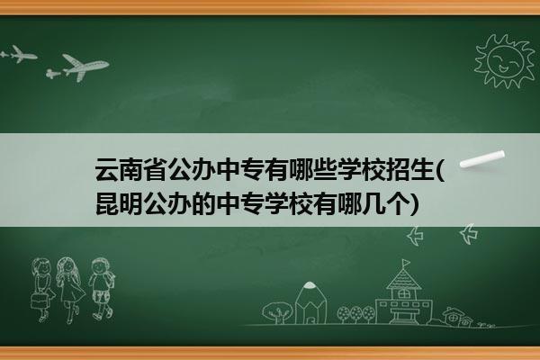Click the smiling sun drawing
tap(504, 61)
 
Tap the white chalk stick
tap(482, 159)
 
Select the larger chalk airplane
tap(78, 67)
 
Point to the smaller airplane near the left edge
tap(18, 54)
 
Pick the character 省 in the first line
tap(155, 169)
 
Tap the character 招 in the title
tap(396, 169)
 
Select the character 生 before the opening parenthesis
tap(420, 169)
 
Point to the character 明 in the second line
tap(130, 204)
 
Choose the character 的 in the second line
tap(203, 204)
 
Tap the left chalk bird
tap(415, 236)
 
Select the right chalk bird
tap(469, 234)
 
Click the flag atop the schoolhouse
tap(407, 263)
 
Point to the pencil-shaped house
tap(310, 303)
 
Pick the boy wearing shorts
tap(101, 289)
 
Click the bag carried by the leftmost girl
tap(39, 301)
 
